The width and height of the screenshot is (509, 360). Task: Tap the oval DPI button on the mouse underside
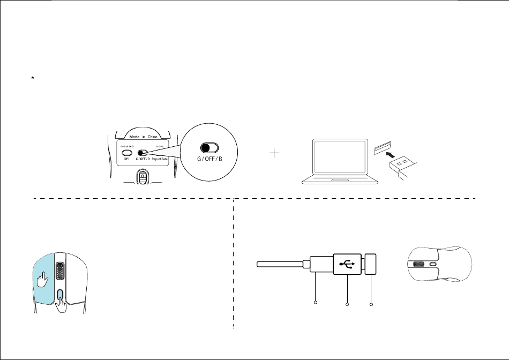click(x=128, y=152)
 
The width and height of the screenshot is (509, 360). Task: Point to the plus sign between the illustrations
click(x=275, y=153)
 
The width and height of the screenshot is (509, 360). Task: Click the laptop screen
click(x=340, y=157)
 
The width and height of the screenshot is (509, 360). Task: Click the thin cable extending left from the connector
click(x=279, y=264)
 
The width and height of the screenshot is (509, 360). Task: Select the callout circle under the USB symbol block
click(x=347, y=305)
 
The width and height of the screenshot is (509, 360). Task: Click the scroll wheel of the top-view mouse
click(x=418, y=264)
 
